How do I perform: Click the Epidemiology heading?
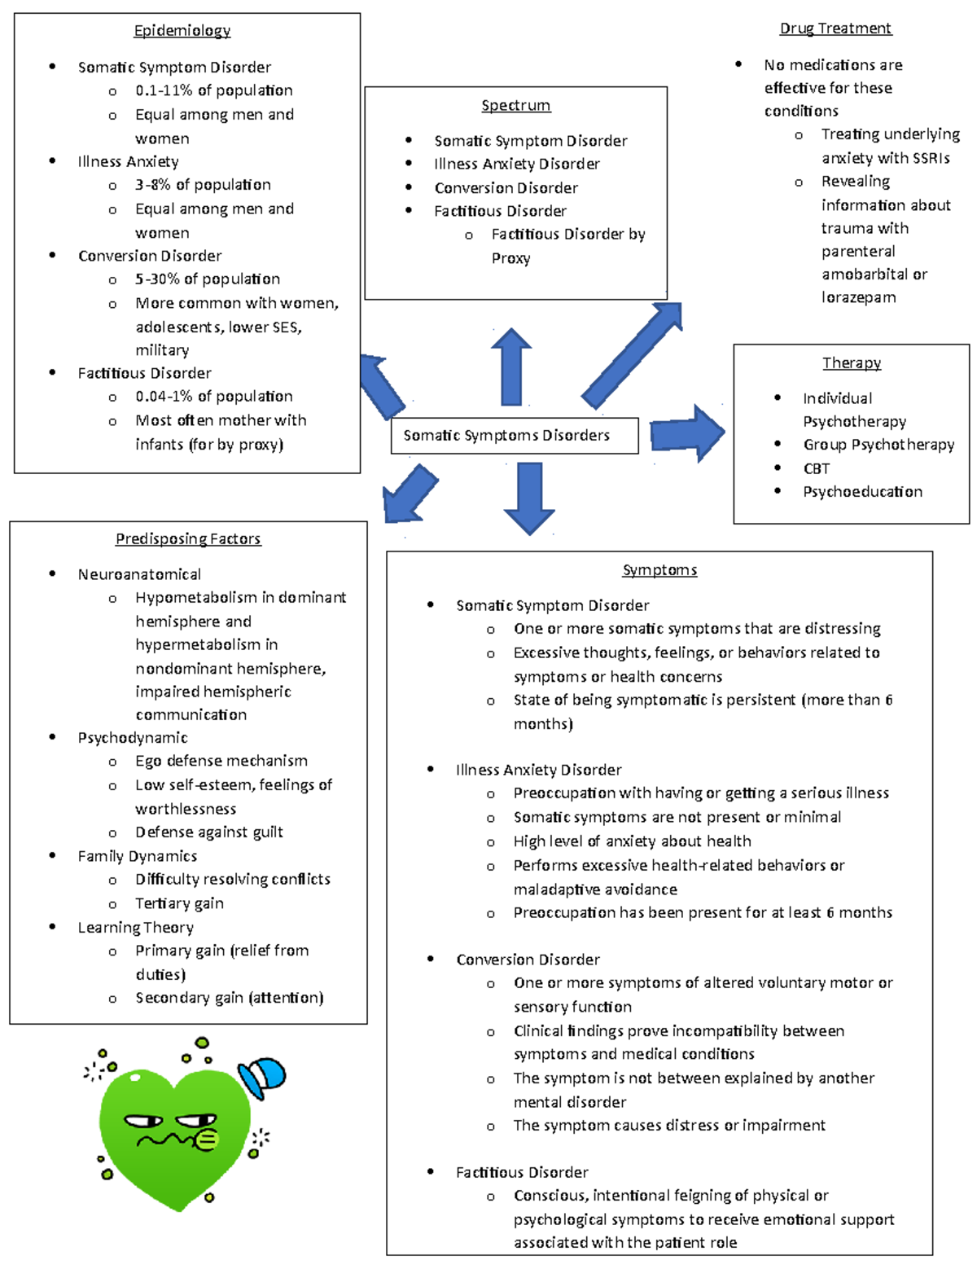point(182,31)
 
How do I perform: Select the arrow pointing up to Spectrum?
point(511,367)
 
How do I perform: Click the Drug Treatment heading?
point(835,29)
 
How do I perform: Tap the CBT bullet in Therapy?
point(816,468)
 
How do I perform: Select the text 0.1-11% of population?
point(213,90)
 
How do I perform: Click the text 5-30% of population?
point(207,279)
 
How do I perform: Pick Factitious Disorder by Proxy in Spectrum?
point(567,246)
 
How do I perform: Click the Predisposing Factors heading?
point(188,538)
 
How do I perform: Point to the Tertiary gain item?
point(179,903)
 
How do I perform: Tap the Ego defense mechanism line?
point(221,761)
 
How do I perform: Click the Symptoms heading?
point(659,570)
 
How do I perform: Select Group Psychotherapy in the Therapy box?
point(878,445)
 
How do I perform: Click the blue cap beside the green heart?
point(264,1075)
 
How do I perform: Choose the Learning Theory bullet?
point(135,928)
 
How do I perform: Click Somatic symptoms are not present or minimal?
point(677,817)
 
